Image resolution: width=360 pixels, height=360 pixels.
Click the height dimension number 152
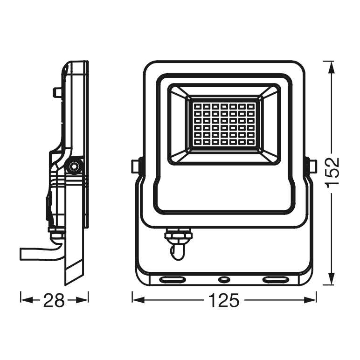point(332,173)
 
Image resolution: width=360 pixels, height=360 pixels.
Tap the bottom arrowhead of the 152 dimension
point(331,278)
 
